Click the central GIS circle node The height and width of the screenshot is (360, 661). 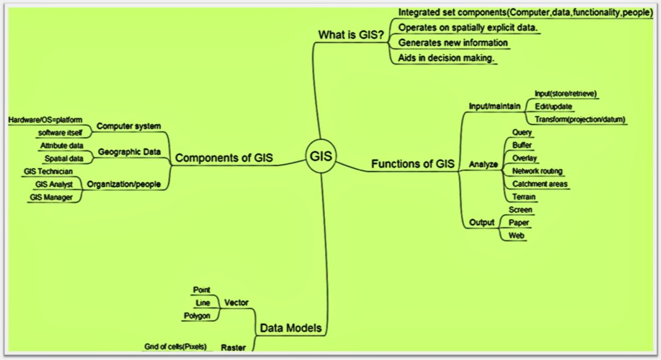click(321, 157)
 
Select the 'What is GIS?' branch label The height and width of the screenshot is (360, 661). click(351, 35)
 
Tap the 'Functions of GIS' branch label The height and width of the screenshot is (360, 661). click(413, 164)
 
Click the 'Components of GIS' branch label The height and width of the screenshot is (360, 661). click(224, 158)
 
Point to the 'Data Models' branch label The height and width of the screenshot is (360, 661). click(291, 328)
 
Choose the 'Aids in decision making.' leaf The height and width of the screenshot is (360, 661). click(441, 58)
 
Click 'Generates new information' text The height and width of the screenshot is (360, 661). click(453, 43)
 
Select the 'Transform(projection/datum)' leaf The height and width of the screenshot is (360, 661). click(580, 120)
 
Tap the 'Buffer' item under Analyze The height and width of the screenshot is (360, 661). click(522, 146)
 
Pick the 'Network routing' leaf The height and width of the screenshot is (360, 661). click(537, 171)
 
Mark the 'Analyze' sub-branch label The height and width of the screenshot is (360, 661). click(483, 164)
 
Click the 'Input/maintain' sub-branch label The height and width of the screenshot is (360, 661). click(494, 107)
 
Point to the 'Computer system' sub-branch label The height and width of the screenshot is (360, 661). click(129, 126)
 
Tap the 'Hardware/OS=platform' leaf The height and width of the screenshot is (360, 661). click(45, 120)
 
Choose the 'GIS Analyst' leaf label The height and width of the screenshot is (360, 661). click(54, 185)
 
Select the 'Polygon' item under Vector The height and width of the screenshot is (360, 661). click(197, 316)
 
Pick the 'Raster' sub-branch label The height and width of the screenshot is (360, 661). click(233, 347)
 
